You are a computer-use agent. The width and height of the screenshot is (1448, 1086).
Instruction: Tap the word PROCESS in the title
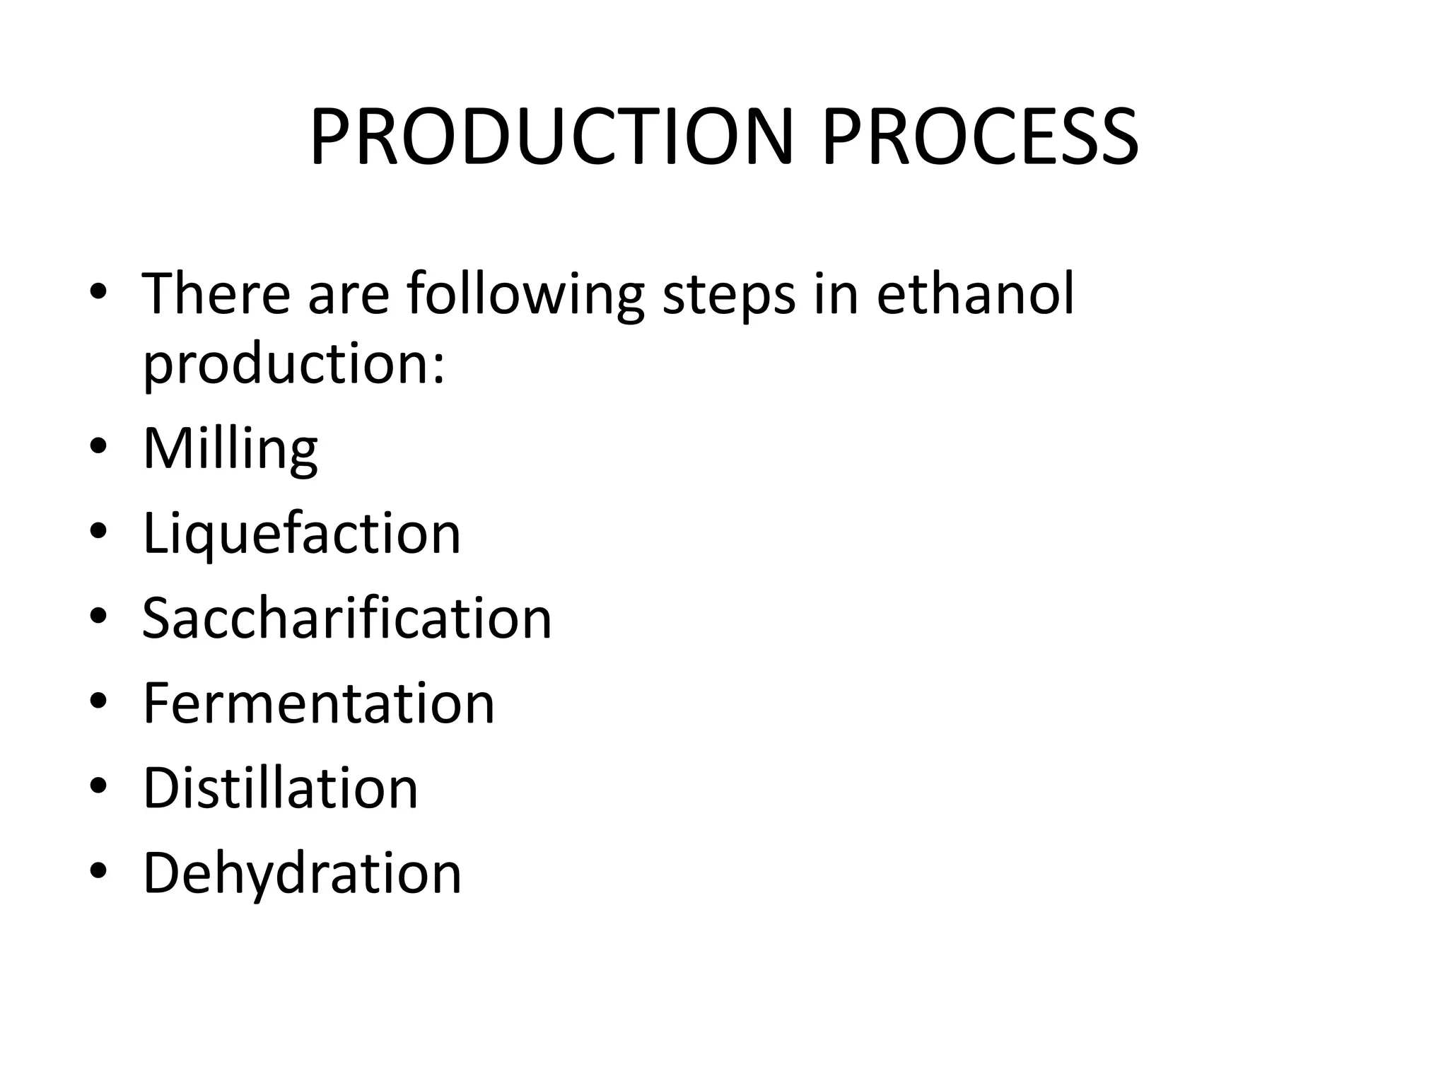(979, 138)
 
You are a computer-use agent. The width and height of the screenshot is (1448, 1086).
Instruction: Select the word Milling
(230, 448)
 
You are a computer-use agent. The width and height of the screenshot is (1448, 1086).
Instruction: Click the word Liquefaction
(301, 533)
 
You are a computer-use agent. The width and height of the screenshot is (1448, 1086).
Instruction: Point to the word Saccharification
(346, 618)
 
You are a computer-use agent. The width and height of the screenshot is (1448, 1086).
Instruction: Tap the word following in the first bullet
(525, 294)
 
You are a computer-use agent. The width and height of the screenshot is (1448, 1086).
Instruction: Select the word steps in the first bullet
(728, 294)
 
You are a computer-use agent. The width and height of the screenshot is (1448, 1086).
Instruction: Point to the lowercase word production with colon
(286, 365)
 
